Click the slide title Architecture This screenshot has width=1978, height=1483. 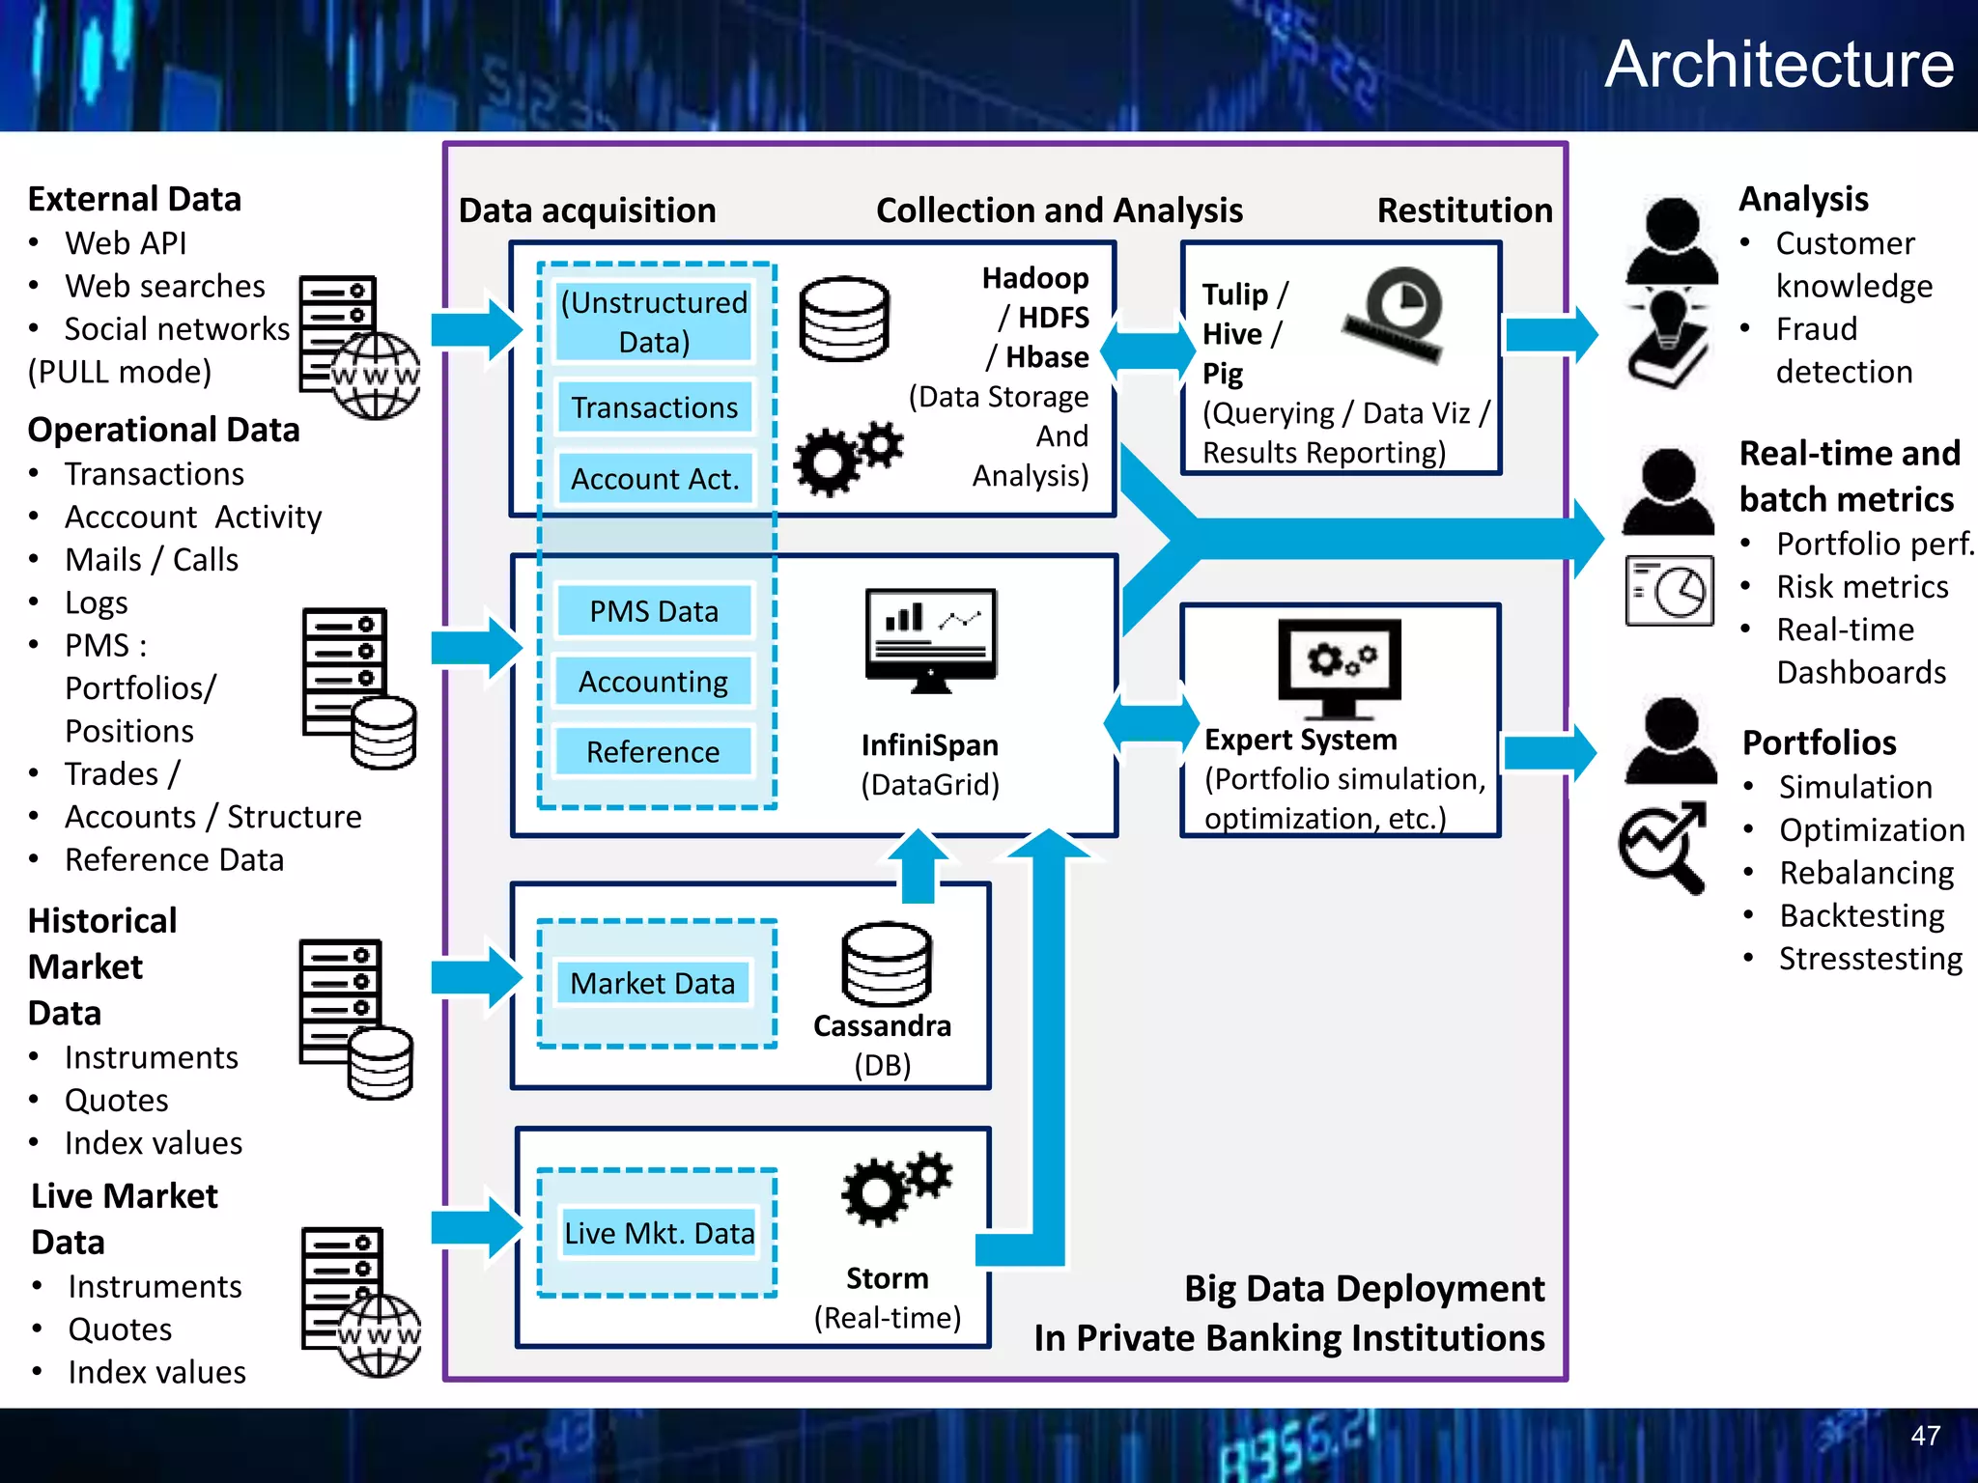click(1779, 66)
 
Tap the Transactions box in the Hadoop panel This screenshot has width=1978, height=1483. click(654, 407)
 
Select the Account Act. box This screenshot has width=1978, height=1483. click(654, 479)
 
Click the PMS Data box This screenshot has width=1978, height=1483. click(654, 611)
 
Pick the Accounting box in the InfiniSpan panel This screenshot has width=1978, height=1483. click(653, 682)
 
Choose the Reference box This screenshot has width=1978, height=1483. click(653, 752)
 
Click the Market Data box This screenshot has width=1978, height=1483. click(653, 983)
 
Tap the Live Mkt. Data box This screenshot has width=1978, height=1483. click(659, 1233)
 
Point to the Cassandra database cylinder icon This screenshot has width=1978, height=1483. click(886, 965)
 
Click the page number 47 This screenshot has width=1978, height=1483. click(1925, 1436)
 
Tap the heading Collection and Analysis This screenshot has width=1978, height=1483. click(1059, 210)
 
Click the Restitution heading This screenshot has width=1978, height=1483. click(1464, 210)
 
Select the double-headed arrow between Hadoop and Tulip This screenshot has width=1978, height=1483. click(1148, 348)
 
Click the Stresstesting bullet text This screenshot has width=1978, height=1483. click(1870, 959)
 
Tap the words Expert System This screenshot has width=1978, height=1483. click(1300, 740)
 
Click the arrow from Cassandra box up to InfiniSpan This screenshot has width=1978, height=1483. click(918, 864)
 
